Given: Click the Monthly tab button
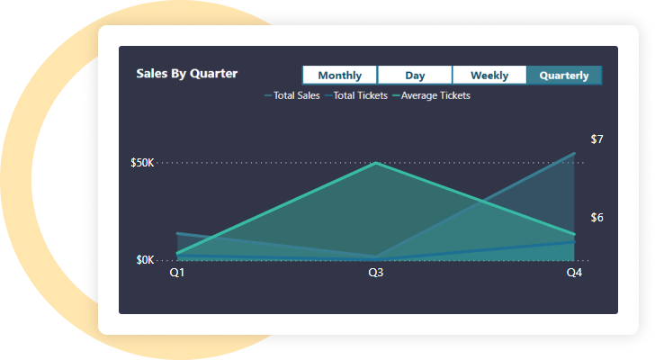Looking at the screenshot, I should coord(340,76).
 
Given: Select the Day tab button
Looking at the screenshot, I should coord(415,76).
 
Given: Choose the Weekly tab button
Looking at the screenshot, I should coord(489,76).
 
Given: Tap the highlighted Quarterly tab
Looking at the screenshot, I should coord(564,76).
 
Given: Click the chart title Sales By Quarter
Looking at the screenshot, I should coord(187,74).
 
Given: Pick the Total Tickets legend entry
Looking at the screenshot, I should coord(357,95).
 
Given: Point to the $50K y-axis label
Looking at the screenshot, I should coord(144,163).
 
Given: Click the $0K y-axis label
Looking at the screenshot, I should coord(146,260).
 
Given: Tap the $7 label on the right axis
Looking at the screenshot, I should coord(597,139).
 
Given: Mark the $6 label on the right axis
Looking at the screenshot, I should coord(597,218).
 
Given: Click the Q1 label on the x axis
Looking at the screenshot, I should coord(177,273).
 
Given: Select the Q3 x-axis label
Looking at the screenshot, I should coord(376,273).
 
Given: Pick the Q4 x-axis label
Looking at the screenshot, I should coord(574,273).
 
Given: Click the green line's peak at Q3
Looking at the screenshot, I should coord(376,163).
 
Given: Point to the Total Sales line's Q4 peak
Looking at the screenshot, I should coord(574,153).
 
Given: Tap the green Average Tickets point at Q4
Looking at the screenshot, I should coord(574,235).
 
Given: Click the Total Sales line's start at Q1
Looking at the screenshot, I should coord(177,233).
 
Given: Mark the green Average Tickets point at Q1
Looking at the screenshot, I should coord(177,253).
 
